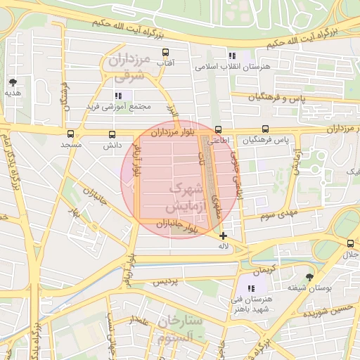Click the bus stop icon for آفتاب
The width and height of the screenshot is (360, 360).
[166, 53]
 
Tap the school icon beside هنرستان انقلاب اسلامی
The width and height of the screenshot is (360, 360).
[231, 56]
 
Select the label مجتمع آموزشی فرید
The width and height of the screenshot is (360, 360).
[112, 106]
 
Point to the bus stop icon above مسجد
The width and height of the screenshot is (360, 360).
[70, 134]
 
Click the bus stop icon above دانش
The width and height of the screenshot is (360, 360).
[112, 134]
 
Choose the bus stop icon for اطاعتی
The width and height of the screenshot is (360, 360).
[218, 129]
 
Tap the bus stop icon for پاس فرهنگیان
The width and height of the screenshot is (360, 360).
[265, 129]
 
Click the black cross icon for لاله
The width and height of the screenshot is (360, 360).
[224, 236]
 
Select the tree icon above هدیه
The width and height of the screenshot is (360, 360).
[13, 82]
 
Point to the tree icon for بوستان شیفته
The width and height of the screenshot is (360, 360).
[309, 278]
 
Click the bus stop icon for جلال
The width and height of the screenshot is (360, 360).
[350, 243]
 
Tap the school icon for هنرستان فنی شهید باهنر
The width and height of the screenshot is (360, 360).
[251, 288]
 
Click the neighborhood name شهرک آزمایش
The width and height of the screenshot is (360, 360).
[185, 198]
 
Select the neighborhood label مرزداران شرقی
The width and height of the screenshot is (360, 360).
[126, 67]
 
